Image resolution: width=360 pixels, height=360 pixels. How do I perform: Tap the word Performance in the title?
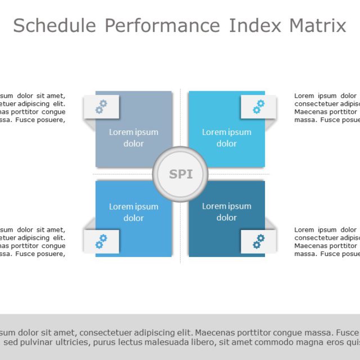pyautogui.click(x=163, y=26)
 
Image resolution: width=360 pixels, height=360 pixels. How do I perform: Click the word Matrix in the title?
pyautogui.click(x=318, y=26)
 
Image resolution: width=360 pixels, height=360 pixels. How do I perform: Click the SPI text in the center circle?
pyautogui.click(x=181, y=174)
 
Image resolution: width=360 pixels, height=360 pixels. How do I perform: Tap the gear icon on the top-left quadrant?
pyautogui.click(x=101, y=106)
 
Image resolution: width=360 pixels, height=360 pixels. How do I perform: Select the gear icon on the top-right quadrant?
pyautogui.click(x=259, y=106)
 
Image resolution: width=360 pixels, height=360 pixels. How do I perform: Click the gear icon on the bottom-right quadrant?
pyautogui.click(x=259, y=241)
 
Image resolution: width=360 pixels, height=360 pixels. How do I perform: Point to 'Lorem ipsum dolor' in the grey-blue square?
pyautogui.click(x=133, y=138)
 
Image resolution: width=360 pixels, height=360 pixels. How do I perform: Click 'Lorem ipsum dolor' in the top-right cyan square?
pyautogui.click(x=227, y=138)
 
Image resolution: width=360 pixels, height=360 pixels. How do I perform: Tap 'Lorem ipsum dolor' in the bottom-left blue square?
pyautogui.click(x=133, y=212)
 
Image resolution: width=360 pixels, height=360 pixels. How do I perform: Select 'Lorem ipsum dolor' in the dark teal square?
pyautogui.click(x=227, y=212)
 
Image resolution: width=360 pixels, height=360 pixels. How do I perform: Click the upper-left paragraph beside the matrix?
pyautogui.click(x=33, y=107)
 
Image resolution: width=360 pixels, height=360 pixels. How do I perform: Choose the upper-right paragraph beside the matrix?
pyautogui.click(x=327, y=107)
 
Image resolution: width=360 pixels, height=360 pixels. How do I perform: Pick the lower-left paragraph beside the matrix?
pyautogui.click(x=33, y=242)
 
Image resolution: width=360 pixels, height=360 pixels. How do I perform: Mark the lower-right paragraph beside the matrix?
pyautogui.click(x=327, y=242)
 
